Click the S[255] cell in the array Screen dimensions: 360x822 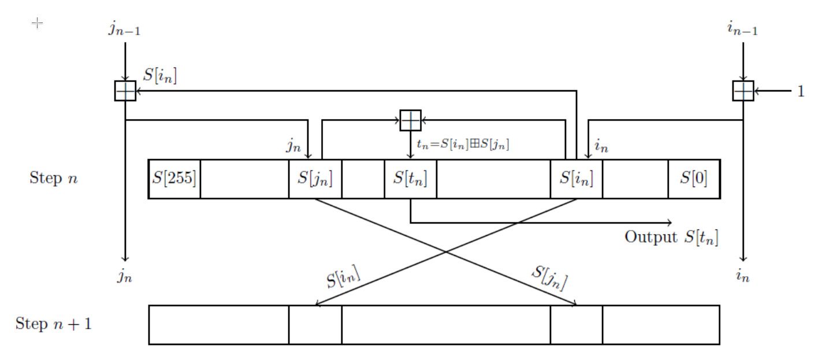(174, 178)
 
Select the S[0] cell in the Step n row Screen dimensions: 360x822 (694, 178)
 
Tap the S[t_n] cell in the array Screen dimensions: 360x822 (410, 178)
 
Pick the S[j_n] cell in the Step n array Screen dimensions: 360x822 (315, 178)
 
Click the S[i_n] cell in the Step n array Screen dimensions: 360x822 (576, 178)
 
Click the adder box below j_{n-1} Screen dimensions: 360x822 (125, 91)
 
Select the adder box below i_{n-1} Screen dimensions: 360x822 (743, 91)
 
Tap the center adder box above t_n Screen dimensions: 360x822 (410, 120)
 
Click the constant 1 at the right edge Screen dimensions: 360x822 (801, 91)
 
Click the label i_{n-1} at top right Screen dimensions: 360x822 (742, 29)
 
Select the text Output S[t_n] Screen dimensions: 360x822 (671, 237)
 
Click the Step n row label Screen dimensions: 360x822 (53, 178)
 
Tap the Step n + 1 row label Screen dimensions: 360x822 (53, 324)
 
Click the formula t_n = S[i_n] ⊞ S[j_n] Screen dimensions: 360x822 (462, 146)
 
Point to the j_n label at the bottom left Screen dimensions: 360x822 (125, 277)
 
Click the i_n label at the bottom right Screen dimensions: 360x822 (742, 277)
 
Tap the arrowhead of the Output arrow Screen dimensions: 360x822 (670, 222)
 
